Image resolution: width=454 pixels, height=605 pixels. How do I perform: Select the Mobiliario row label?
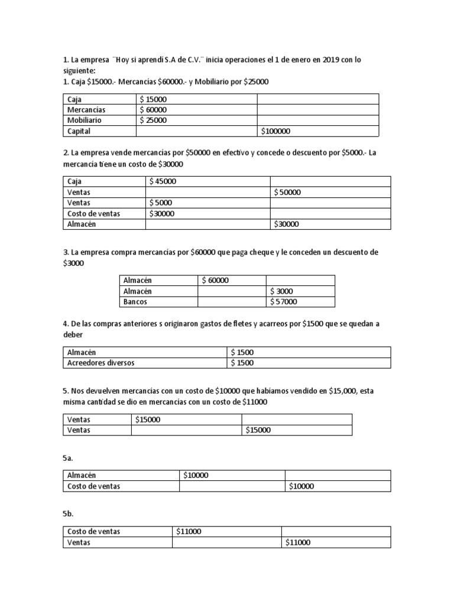[84, 121]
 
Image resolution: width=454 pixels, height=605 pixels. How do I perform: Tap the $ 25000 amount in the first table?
[153, 121]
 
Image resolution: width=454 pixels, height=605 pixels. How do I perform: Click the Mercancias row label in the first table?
[86, 110]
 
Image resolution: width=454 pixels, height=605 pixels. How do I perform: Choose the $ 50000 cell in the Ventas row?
[289, 193]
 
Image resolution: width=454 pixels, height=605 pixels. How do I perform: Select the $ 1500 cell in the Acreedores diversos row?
[243, 363]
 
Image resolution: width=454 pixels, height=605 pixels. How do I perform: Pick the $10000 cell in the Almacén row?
[195, 475]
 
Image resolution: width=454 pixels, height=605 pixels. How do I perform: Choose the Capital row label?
[79, 131]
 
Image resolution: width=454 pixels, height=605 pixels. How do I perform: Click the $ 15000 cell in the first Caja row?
[153, 99]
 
